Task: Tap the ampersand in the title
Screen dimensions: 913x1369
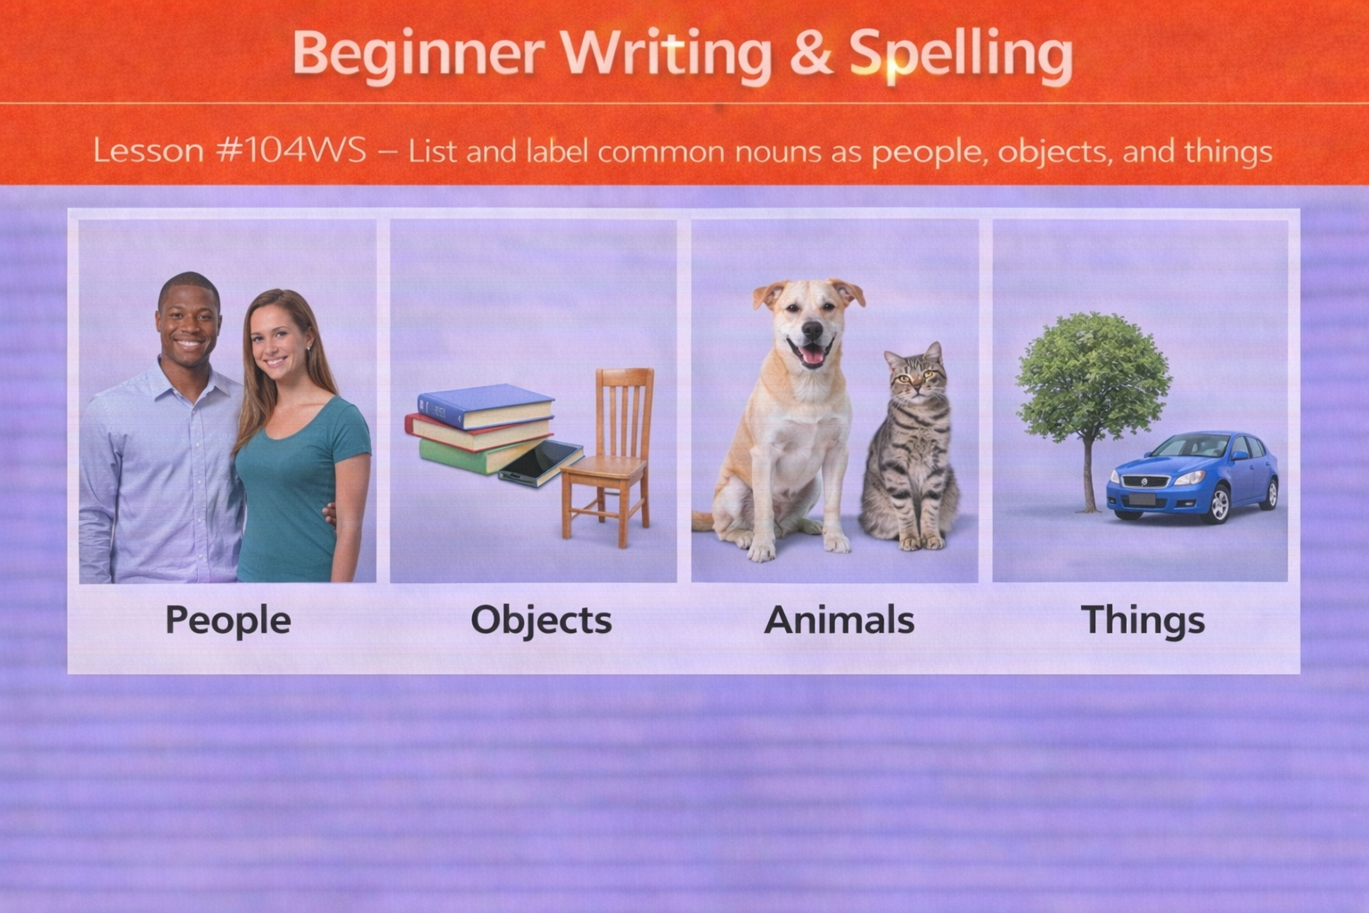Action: coord(809,53)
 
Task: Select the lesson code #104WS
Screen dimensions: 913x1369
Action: coord(291,150)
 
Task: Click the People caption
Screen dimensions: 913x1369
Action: coord(227,620)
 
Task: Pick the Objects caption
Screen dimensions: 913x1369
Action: coord(541,621)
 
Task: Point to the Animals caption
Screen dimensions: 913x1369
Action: coord(839,620)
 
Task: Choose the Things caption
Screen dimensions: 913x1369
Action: coord(1143,620)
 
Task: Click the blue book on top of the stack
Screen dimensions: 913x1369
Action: coord(486,406)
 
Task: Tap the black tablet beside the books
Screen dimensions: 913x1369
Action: coord(540,463)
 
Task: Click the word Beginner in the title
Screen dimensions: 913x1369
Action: coord(417,53)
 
